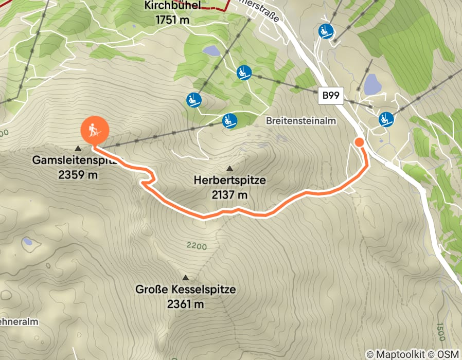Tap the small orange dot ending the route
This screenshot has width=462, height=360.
(359, 142)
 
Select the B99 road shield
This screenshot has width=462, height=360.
(330, 95)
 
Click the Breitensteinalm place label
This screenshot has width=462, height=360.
(301, 121)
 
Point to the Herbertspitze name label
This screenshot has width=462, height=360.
(229, 181)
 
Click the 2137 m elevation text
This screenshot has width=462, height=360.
(229, 195)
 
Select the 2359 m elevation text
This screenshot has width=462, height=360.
(78, 175)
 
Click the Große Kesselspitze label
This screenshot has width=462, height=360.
(185, 290)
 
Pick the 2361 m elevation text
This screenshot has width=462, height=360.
(185, 304)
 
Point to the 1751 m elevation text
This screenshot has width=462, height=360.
(172, 20)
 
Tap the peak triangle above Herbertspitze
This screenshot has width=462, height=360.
(229, 168)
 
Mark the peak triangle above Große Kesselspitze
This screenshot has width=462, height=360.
(185, 277)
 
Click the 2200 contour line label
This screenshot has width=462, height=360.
(197, 246)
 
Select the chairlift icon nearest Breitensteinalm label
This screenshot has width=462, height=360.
(229, 121)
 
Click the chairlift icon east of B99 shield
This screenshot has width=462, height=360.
(386, 119)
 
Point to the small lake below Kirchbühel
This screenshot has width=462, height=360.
(211, 50)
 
